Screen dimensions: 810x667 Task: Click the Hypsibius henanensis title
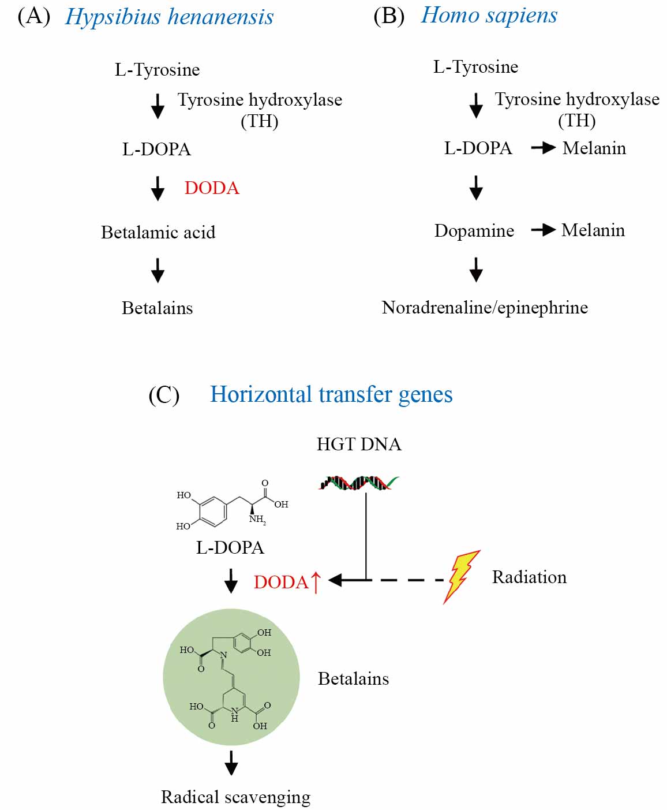pyautogui.click(x=169, y=17)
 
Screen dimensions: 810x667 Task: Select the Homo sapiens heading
pyautogui.click(x=489, y=16)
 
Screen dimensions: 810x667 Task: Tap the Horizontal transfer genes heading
pyautogui.click(x=331, y=394)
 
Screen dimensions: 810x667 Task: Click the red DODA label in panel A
pyautogui.click(x=212, y=188)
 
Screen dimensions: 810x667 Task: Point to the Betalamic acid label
pyautogui.click(x=158, y=232)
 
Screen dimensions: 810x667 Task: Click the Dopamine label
pyautogui.click(x=474, y=230)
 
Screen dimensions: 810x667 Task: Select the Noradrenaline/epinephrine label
pyautogui.click(x=485, y=307)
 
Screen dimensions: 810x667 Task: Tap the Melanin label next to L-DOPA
pyautogui.click(x=594, y=148)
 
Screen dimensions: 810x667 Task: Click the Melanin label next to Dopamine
pyautogui.click(x=593, y=230)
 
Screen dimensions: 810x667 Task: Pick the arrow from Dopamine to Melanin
pyautogui.click(x=542, y=230)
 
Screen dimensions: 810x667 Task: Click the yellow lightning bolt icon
pyautogui.click(x=461, y=576)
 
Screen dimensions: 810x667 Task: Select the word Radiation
pyautogui.click(x=529, y=577)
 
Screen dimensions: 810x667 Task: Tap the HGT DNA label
pyautogui.click(x=359, y=444)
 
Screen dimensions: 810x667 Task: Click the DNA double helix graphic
pyautogui.click(x=358, y=482)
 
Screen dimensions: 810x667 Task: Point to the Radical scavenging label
pyautogui.click(x=235, y=797)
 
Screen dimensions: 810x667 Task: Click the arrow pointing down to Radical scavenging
pyautogui.click(x=231, y=763)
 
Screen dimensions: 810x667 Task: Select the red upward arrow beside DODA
pyautogui.click(x=316, y=582)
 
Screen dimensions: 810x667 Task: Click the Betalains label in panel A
pyautogui.click(x=157, y=308)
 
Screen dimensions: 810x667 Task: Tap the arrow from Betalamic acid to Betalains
pyautogui.click(x=158, y=270)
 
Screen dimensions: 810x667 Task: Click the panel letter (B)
pyautogui.click(x=389, y=16)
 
